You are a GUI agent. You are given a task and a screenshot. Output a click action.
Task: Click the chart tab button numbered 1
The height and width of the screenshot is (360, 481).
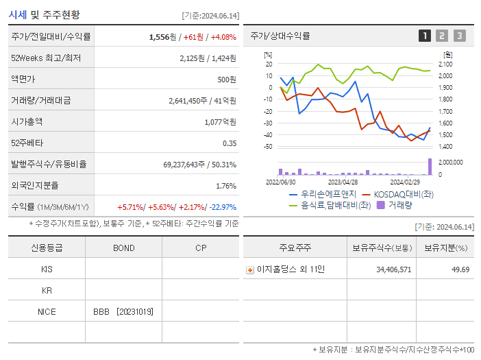click(425, 36)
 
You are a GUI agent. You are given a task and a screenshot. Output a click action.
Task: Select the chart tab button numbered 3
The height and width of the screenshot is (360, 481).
click(459, 36)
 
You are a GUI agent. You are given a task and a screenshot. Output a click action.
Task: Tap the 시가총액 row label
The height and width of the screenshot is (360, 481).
click(27, 121)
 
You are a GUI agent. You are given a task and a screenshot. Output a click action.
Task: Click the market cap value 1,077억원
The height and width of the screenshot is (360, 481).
click(220, 121)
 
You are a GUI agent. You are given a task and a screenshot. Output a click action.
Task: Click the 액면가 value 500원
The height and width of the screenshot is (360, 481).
click(227, 79)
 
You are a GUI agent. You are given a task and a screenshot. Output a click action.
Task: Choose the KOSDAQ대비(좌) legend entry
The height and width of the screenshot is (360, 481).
click(397, 194)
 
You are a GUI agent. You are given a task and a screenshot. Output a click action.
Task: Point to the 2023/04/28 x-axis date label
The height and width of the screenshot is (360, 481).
click(343, 182)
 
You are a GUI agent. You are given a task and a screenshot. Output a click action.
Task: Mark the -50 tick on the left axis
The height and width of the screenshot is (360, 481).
click(268, 147)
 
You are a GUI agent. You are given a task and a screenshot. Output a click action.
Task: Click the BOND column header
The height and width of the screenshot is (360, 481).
click(123, 248)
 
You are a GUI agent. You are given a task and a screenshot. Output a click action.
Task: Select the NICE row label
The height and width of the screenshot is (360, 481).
click(47, 311)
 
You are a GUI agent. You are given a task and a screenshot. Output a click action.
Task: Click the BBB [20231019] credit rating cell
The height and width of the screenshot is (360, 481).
click(123, 311)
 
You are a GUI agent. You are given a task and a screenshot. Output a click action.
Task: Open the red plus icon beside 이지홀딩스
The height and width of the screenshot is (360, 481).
click(250, 269)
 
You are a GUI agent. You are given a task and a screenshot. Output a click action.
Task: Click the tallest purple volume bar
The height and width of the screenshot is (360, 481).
click(430, 167)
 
